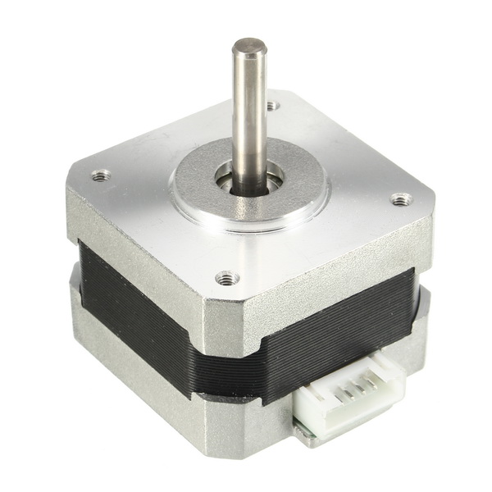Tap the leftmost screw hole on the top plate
pos(101,175)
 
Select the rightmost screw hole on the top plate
pos(400,199)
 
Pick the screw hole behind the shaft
pos(272,105)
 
